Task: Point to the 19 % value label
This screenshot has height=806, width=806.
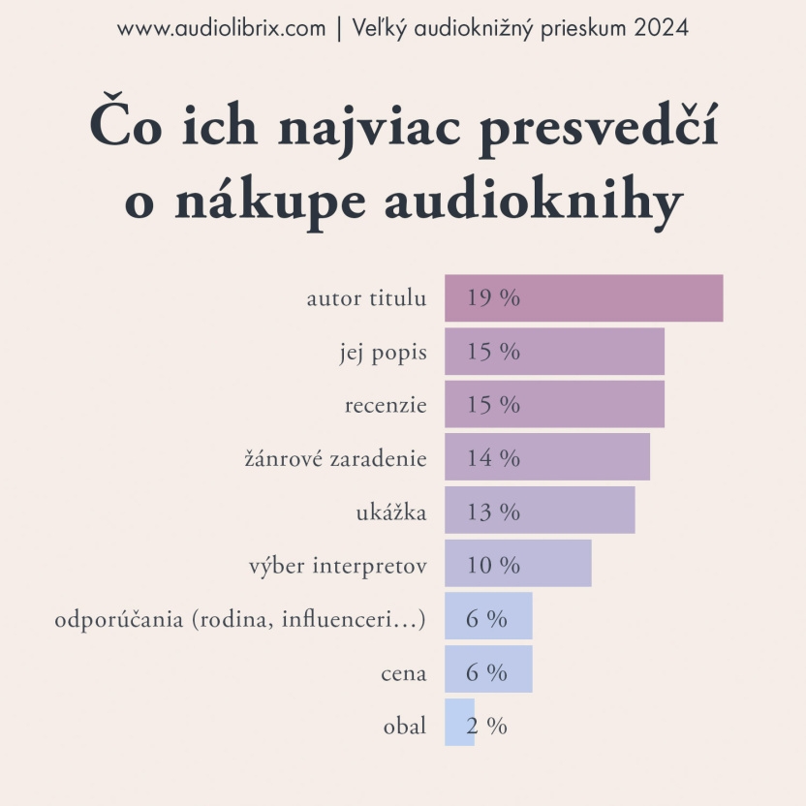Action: coord(493,297)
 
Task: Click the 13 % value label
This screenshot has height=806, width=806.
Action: coord(493,511)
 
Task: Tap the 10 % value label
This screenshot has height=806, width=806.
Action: coord(493,564)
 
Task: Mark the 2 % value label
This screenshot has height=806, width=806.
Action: coord(486,726)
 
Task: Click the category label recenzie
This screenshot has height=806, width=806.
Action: coord(386,405)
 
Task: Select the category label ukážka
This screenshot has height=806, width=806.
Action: coord(391,511)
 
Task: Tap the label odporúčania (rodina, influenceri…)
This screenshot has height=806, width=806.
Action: coord(240,619)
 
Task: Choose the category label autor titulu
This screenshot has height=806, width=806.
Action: coord(366,298)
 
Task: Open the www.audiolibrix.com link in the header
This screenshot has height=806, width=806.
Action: coord(221,28)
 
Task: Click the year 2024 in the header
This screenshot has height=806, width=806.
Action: coord(662,28)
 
